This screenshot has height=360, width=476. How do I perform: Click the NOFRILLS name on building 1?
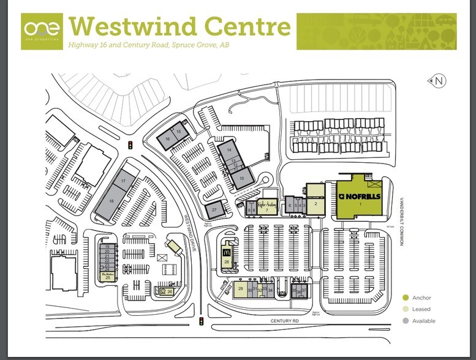click(360, 196)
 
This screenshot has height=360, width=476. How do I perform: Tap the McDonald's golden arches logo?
click(227, 251)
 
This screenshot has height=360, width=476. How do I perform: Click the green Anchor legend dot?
click(404, 298)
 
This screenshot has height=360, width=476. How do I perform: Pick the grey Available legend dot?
click(404, 321)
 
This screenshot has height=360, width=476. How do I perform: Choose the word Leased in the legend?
click(421, 309)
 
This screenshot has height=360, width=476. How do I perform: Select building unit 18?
click(111, 200)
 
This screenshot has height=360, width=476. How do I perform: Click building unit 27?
click(214, 210)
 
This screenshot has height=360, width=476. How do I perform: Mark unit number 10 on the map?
click(241, 178)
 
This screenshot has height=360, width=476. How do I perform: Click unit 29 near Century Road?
click(241, 288)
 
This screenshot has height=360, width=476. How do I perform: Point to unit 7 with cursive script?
click(267, 208)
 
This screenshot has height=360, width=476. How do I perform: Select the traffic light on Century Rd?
click(201, 321)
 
